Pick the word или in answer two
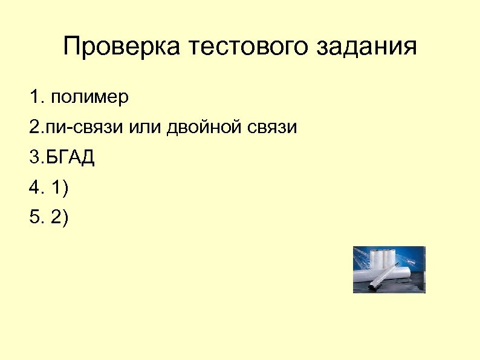tap(142, 128)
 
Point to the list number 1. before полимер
tap(36, 97)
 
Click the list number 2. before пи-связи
tap(36, 128)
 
